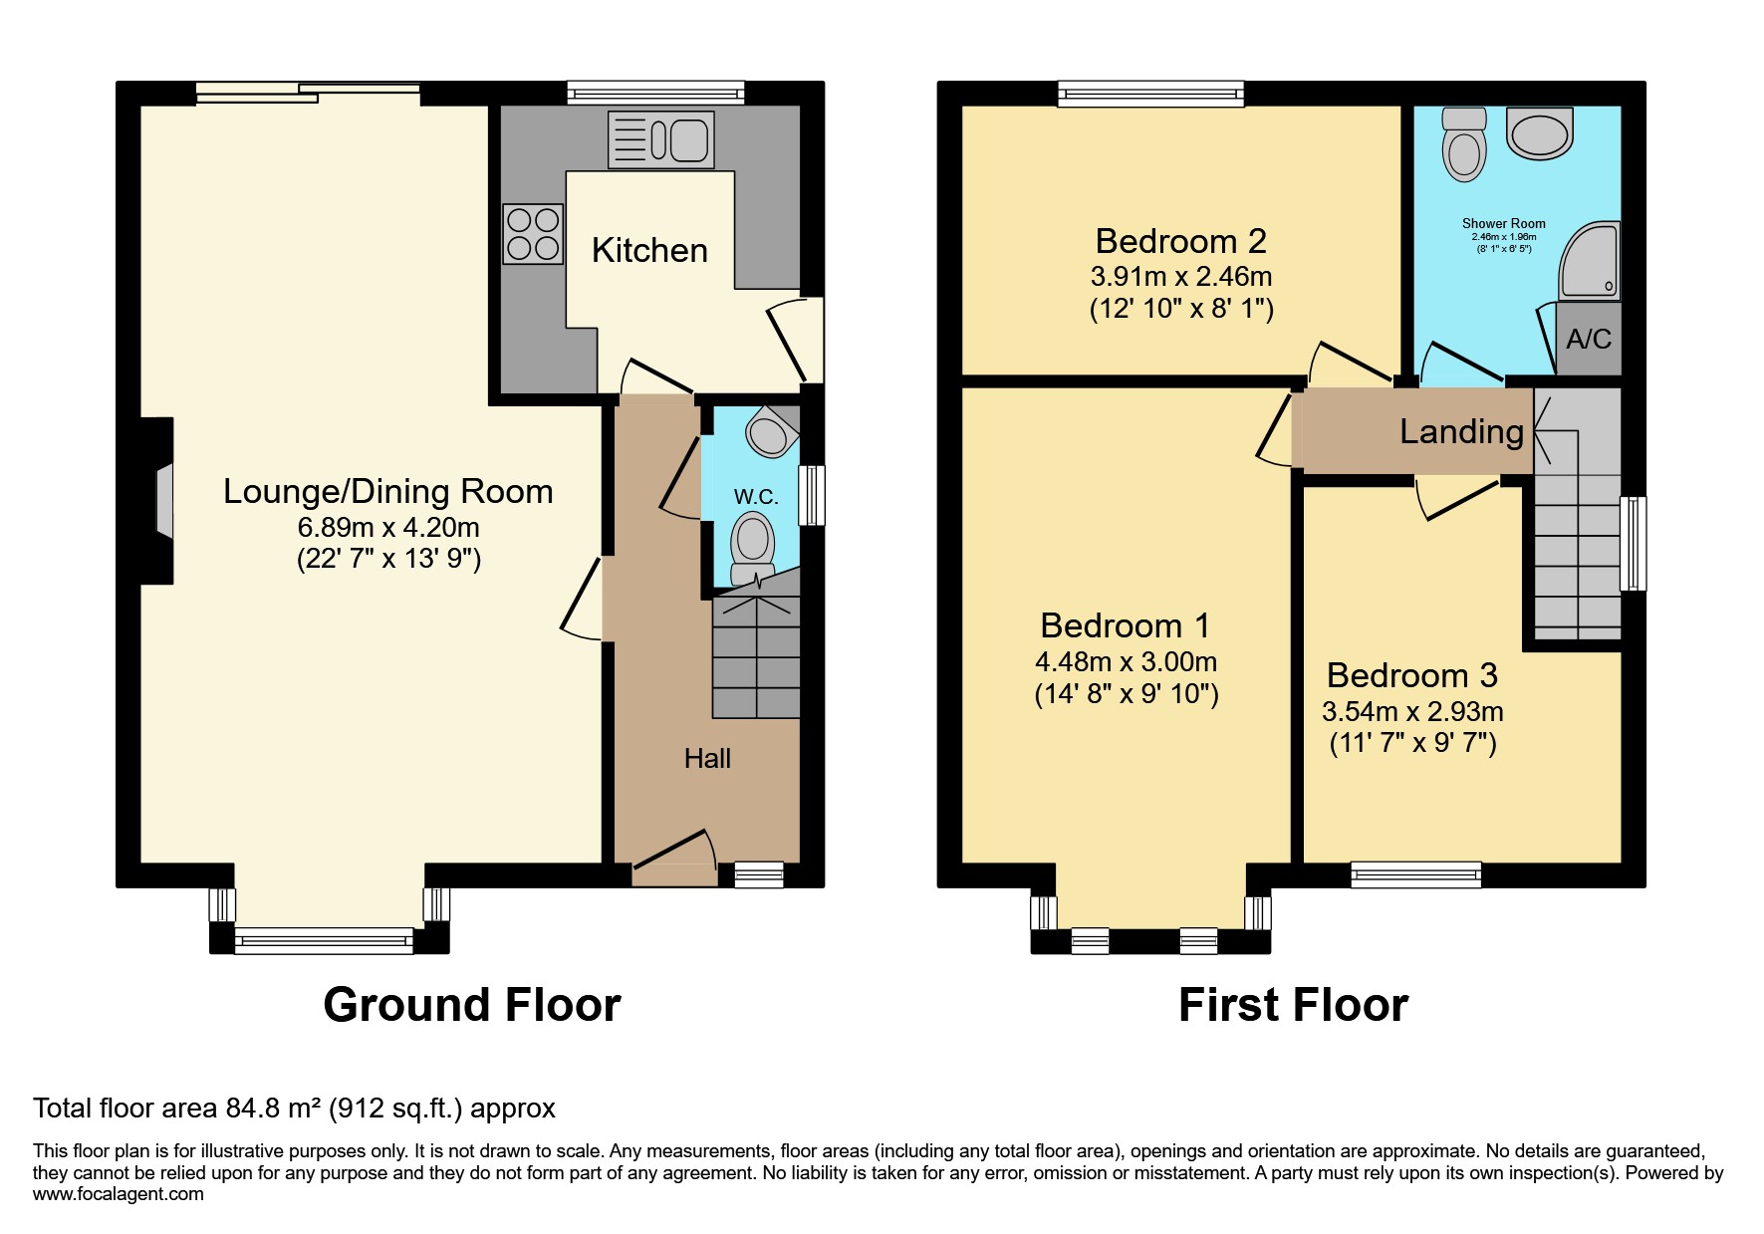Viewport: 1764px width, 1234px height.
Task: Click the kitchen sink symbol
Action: pos(660,139)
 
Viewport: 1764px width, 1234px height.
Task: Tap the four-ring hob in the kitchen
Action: pos(533,233)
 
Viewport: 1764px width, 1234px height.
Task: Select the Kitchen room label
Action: pos(649,250)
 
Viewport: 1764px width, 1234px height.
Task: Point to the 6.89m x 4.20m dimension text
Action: pos(388,526)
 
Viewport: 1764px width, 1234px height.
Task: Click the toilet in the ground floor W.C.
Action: pos(752,547)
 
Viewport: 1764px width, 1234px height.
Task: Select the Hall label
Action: pos(707,759)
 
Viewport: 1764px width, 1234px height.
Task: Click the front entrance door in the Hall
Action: pos(674,855)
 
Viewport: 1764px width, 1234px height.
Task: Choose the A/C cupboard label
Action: pos(1588,340)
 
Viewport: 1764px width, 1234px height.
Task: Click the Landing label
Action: pos(1461,431)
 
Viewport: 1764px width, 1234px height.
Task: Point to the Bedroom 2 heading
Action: pos(1180,241)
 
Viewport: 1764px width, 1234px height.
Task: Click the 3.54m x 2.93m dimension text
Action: pos(1412,711)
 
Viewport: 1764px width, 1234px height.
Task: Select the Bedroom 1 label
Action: pos(1125,625)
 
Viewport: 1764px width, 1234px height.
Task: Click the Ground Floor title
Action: pos(472,1005)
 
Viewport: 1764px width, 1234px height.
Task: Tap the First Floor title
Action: pos(1293,1005)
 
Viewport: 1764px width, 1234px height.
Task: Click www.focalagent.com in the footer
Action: pos(118,1194)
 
